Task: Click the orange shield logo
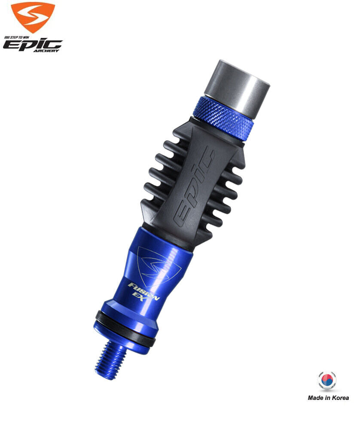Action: [33, 17]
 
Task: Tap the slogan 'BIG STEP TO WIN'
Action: [17, 37]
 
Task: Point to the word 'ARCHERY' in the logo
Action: [46, 51]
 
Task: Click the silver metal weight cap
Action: [237, 89]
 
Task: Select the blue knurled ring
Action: [224, 119]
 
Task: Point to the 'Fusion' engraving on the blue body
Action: [144, 291]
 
